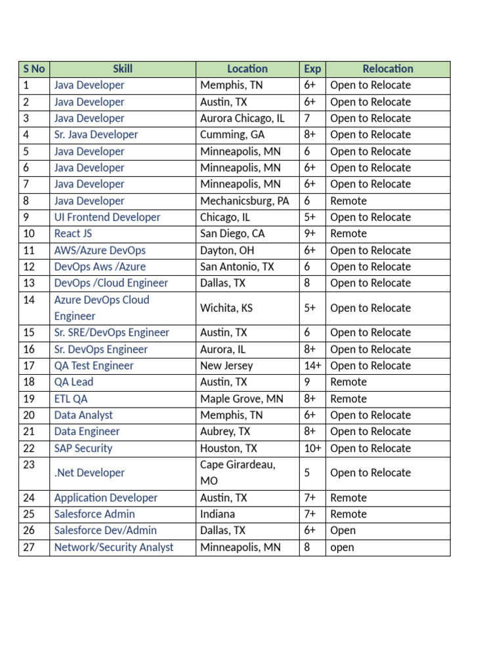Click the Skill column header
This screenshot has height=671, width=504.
coord(123,69)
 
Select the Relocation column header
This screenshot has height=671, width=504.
coord(388,69)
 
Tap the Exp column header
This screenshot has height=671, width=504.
coord(312,69)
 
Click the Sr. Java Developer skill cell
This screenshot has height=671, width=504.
coord(96,135)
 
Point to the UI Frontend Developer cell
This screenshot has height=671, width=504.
coord(107,218)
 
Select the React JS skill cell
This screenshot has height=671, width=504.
coord(73,234)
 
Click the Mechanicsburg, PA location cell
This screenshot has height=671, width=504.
coord(244,201)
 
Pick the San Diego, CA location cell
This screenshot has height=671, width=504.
coord(232,234)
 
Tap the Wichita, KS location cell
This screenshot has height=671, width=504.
coord(226,308)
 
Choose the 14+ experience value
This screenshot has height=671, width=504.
coord(312,366)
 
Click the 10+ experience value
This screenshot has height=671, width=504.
coord(312,448)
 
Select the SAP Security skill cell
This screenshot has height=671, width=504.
coord(83,448)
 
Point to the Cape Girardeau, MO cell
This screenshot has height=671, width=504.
coord(238,472)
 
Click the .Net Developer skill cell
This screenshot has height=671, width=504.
coord(89,472)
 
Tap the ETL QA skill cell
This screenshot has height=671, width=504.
coord(71,398)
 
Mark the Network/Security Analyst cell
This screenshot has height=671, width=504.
coord(114,547)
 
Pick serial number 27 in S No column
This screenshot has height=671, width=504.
coord(28,547)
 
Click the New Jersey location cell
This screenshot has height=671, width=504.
coord(226,366)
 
